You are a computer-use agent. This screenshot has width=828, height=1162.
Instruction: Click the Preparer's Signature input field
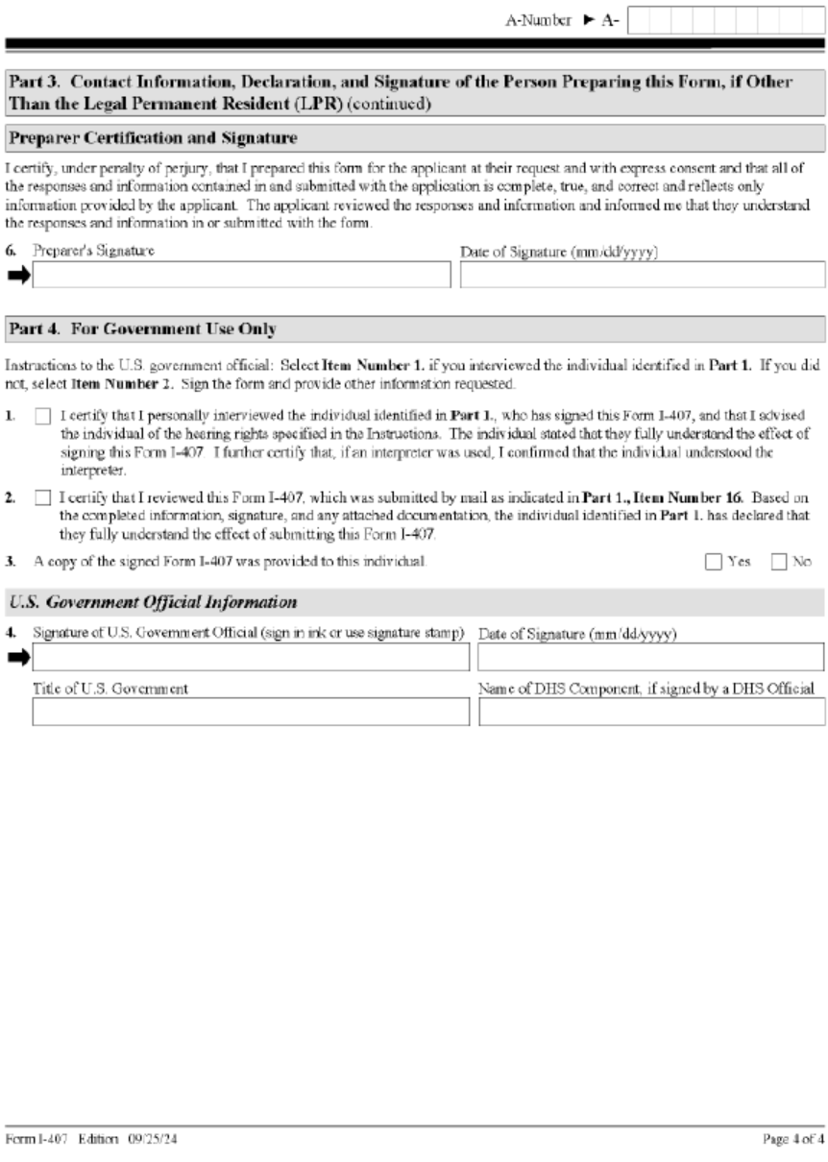(241, 275)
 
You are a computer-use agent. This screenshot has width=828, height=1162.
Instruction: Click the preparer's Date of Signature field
(642, 275)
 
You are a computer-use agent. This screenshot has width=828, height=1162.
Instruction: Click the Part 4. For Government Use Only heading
(142, 329)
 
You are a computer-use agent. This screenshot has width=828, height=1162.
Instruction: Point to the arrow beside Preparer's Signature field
(18, 275)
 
